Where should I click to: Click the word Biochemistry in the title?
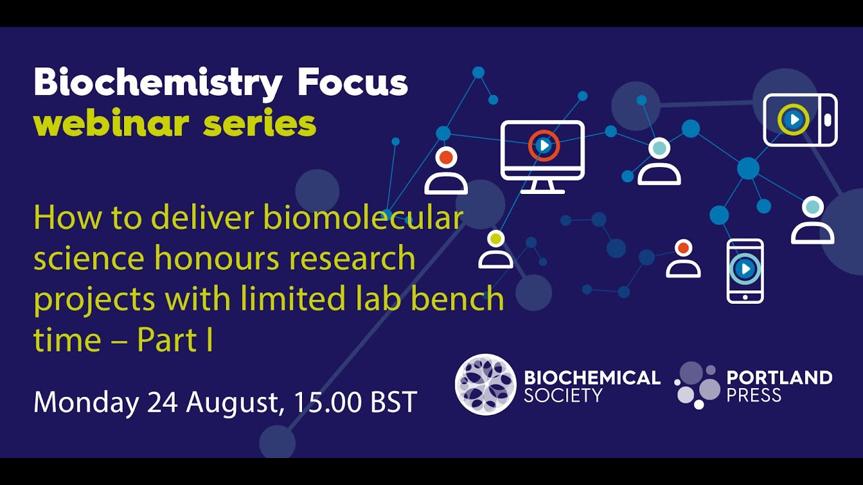158,84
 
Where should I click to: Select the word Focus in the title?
353,83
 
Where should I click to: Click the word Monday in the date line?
86,402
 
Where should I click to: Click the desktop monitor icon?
543,156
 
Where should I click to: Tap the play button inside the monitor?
543,145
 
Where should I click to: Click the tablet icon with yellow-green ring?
800,120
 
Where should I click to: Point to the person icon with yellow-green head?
496,249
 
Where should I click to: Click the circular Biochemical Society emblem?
485,384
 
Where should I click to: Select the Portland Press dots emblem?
697,385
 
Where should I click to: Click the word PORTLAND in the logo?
779,377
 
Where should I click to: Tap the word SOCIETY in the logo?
562,395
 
